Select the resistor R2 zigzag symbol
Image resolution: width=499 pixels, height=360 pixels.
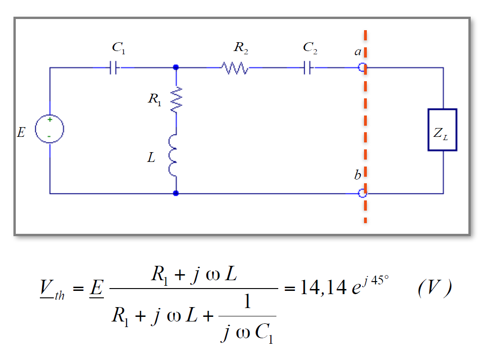[236, 68]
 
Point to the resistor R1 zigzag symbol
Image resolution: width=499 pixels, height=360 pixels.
[176, 100]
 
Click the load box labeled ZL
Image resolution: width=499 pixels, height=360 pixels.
[442, 130]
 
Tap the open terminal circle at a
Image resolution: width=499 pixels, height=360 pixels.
[363, 68]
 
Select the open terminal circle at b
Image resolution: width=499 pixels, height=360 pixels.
[363, 193]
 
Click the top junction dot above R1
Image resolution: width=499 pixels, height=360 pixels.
[176, 67]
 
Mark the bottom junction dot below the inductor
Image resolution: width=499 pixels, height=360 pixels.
[176, 193]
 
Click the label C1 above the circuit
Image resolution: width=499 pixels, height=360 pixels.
[118, 47]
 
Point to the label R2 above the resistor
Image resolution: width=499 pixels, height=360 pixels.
[241, 47]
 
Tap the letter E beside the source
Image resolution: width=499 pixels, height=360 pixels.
[21, 133]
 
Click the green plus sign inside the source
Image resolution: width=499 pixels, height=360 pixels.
[50, 120]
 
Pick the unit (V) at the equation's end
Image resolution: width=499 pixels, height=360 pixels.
[435, 289]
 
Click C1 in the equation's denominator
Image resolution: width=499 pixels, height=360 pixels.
[263, 333]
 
